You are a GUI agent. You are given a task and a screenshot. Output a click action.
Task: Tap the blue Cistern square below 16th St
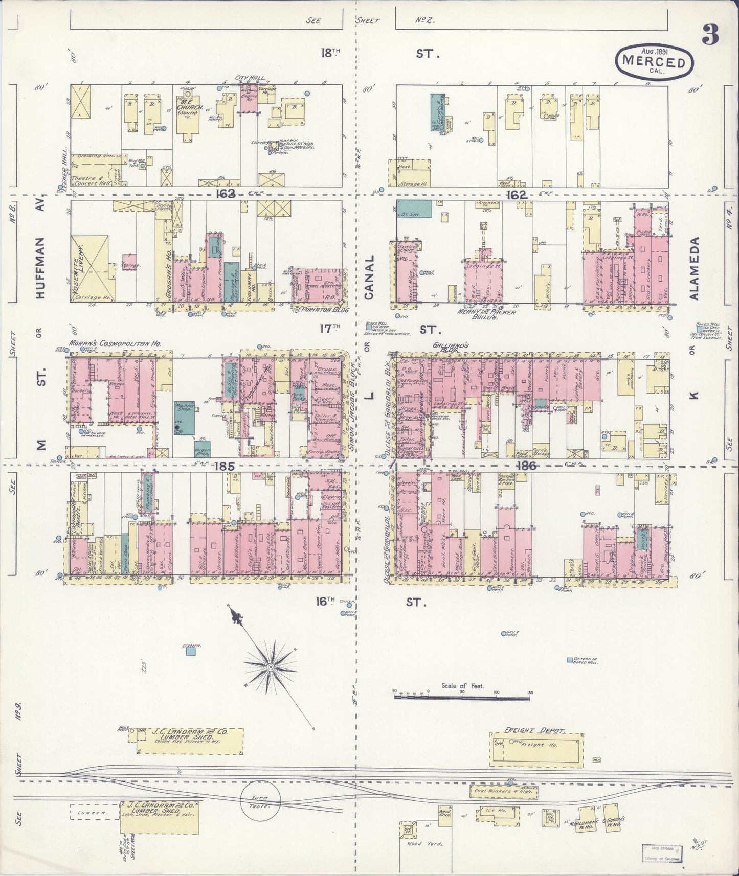click(191, 651)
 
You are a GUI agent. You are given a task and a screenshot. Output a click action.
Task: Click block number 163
click(225, 193)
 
